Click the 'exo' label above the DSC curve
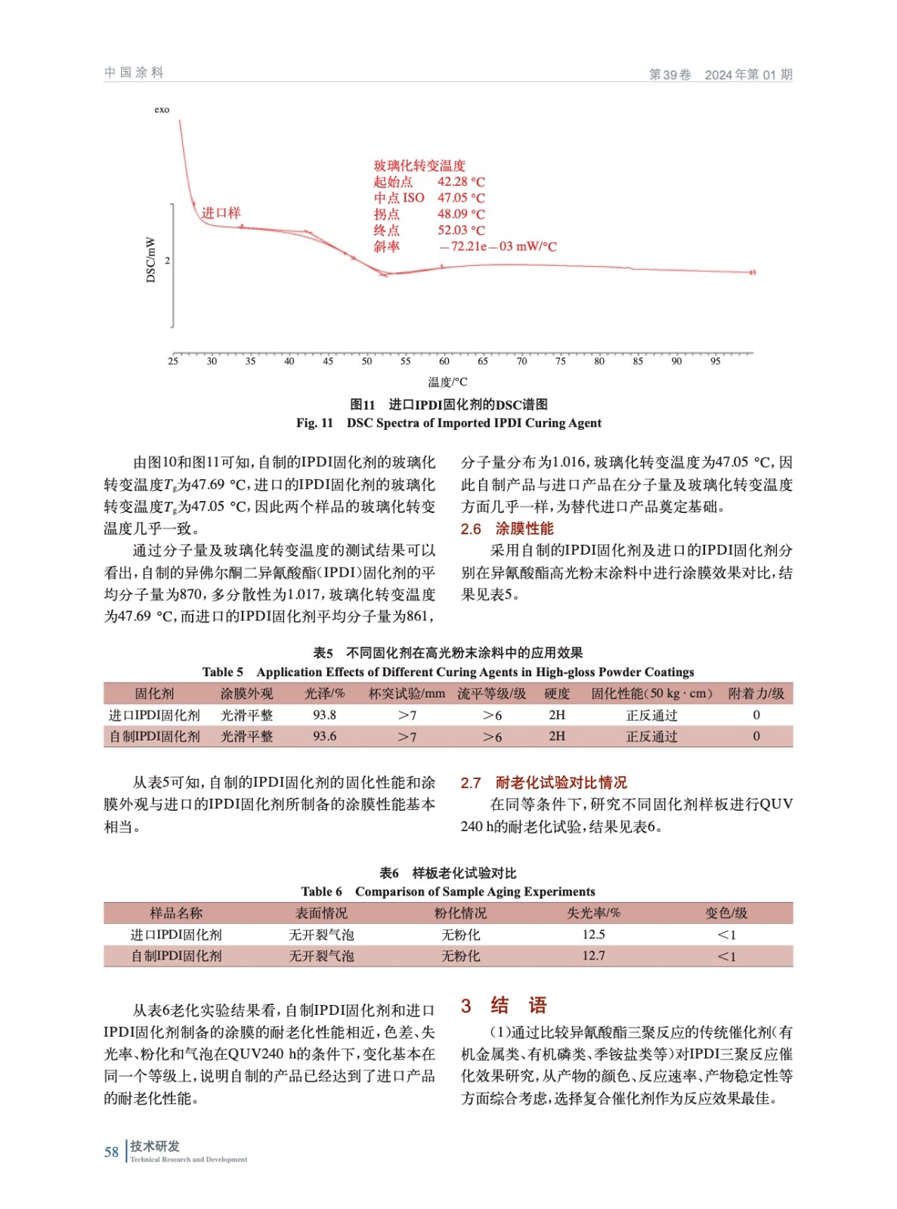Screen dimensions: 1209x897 coord(162,110)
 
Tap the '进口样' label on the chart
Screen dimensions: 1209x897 coord(221,213)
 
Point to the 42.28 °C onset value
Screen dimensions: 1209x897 coord(460,182)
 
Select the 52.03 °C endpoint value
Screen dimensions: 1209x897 coord(460,230)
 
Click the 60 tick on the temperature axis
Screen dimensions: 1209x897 coord(444,361)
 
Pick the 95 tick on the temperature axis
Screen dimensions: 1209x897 coord(715,361)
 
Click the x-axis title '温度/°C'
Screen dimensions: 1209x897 coord(447,382)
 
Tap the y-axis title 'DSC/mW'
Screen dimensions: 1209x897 coord(150,260)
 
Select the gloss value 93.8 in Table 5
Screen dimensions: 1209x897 coord(324,715)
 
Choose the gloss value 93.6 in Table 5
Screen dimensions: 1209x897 coord(324,736)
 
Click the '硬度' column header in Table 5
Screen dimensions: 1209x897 coord(557,694)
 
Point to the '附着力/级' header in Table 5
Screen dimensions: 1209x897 coord(756,694)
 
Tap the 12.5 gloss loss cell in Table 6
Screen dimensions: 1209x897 coord(593,935)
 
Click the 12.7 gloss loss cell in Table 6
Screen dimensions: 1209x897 coord(593,956)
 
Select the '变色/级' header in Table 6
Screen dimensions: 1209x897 coord(726,913)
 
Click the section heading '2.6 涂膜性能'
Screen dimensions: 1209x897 coord(507,529)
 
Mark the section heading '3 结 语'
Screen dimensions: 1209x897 coord(503,1006)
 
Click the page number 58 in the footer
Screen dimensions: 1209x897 coord(111,1152)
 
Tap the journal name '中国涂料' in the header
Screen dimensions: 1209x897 coord(134,73)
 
